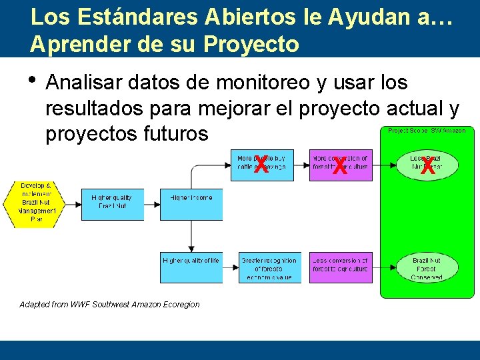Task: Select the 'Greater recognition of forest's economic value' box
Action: click(269, 267)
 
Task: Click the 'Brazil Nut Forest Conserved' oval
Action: click(427, 268)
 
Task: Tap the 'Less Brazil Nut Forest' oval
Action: click(427, 164)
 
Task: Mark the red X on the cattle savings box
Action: click(261, 165)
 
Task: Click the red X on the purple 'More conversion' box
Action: click(339, 165)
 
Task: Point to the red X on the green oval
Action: click(427, 166)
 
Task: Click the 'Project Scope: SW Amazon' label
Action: click(427, 131)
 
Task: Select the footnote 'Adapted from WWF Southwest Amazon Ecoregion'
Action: click(109, 305)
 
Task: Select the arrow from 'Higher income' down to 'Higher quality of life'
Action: click(191, 237)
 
